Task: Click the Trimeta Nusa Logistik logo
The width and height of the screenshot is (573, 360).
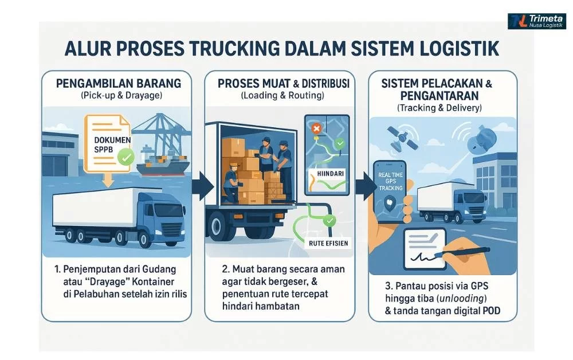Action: (x=536, y=21)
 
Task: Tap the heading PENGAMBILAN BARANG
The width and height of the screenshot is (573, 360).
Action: (x=119, y=83)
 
